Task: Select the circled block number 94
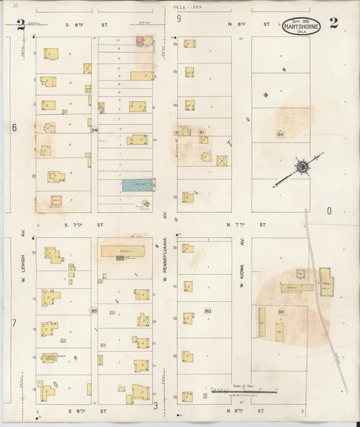(95, 130)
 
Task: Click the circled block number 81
(201, 132)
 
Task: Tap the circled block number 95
(94, 310)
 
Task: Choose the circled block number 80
(207, 311)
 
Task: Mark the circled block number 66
(281, 311)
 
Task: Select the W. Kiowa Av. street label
(241, 266)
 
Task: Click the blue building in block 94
(138, 184)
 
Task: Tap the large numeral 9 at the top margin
(179, 19)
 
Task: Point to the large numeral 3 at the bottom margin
(155, 405)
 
